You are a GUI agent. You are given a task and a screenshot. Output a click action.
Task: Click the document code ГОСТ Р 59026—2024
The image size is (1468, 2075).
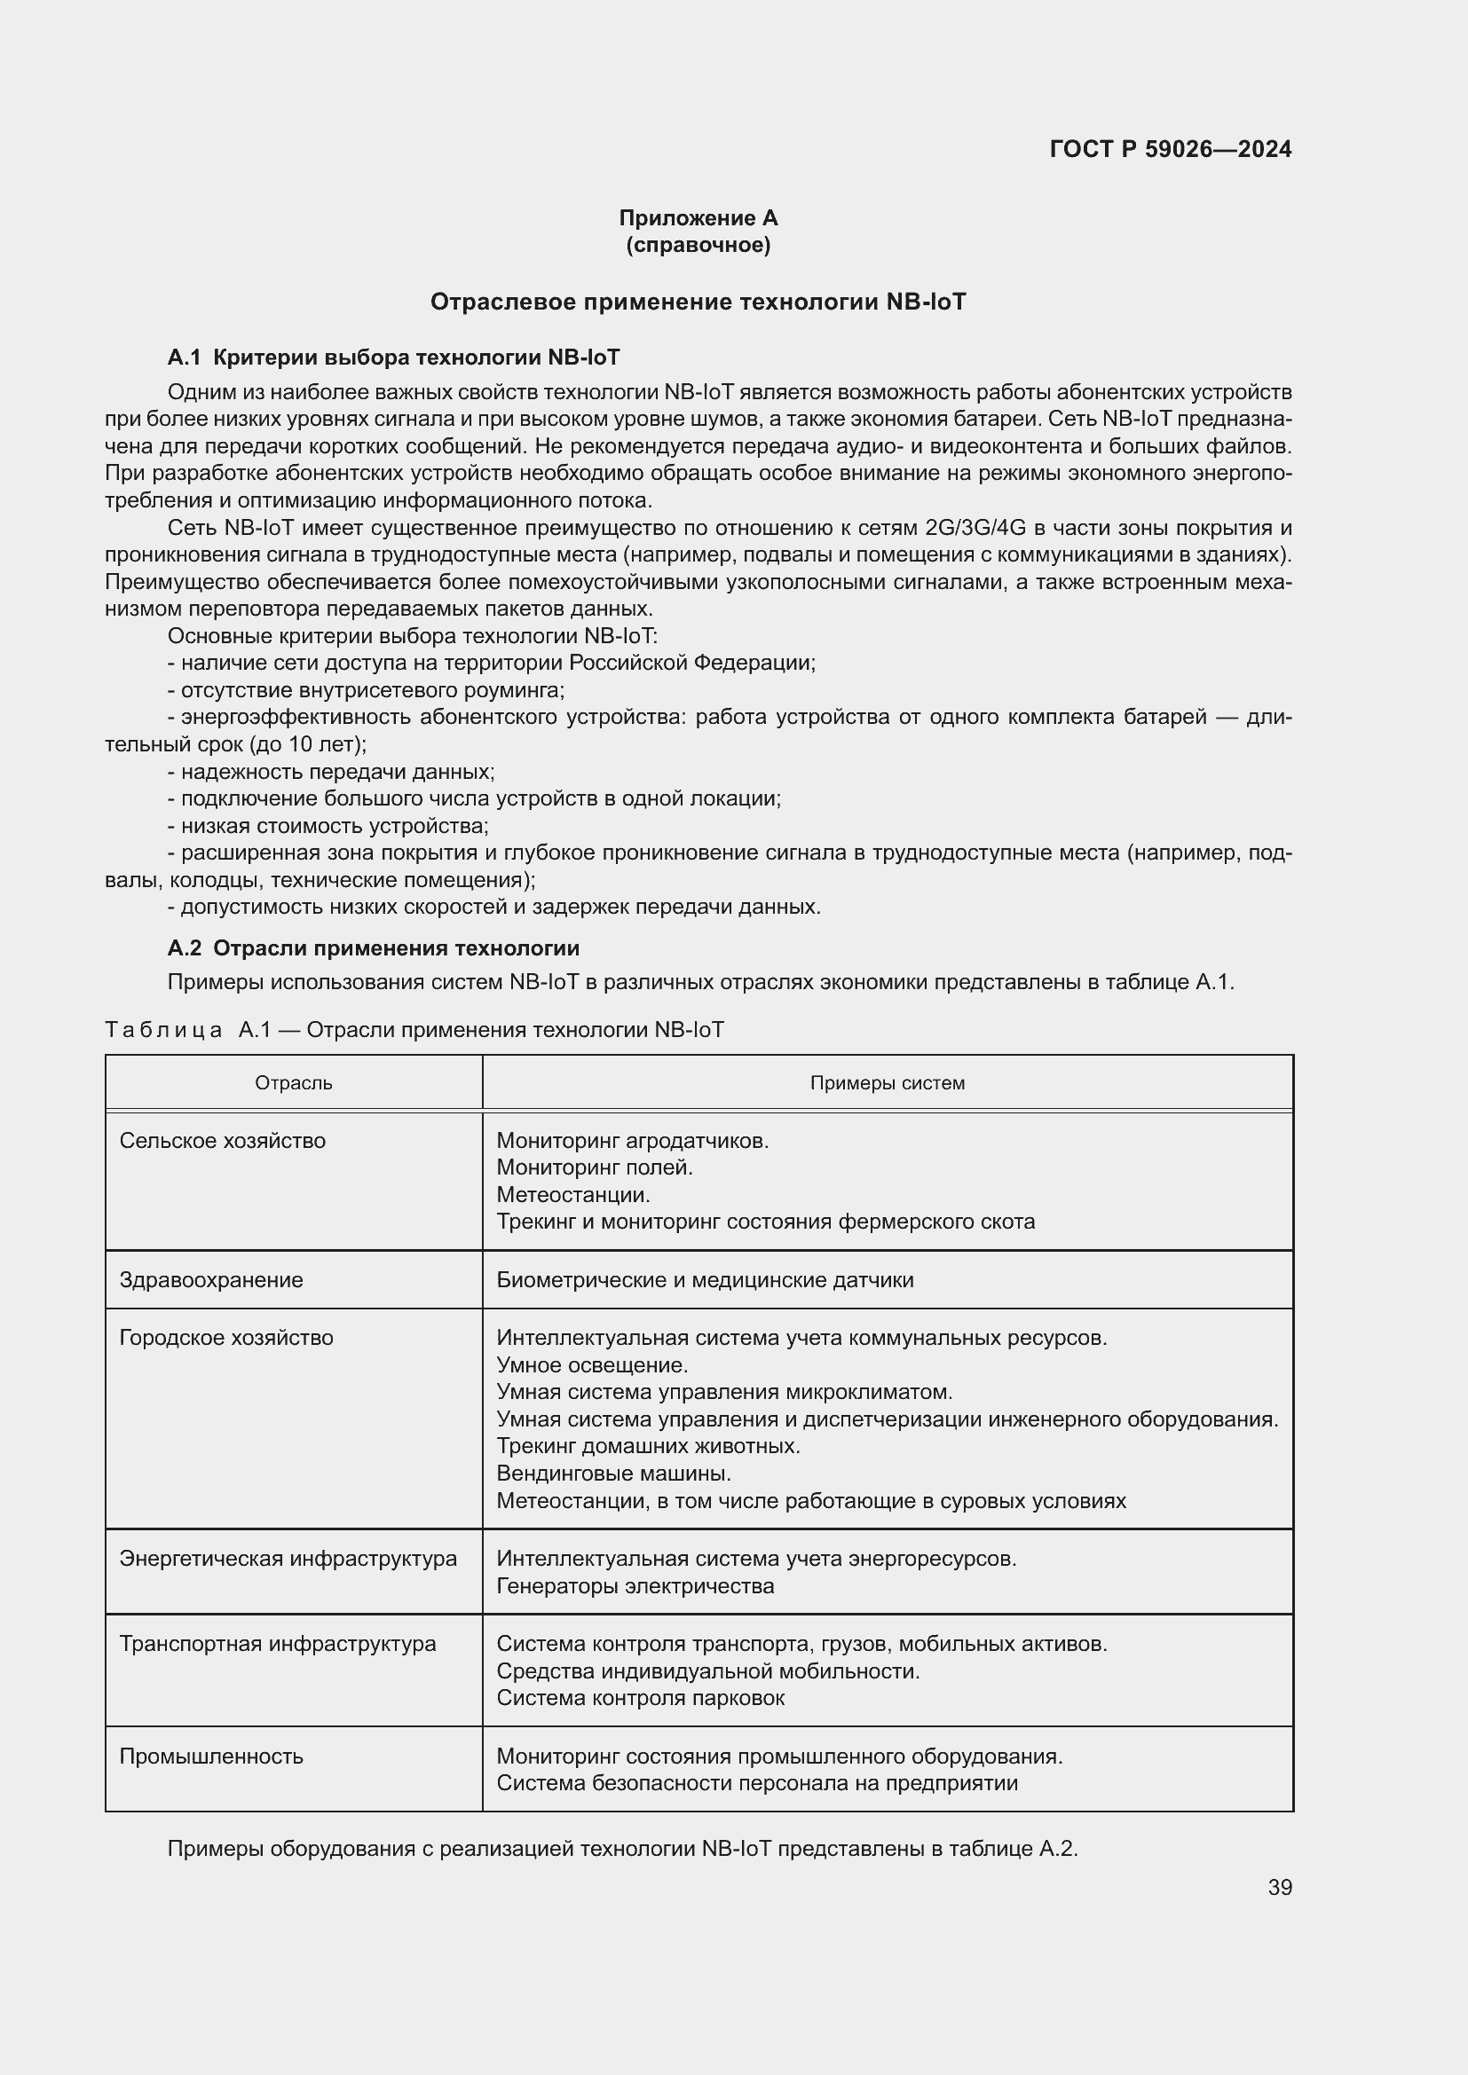[1170, 149]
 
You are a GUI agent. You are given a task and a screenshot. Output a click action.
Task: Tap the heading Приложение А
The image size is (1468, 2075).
[698, 218]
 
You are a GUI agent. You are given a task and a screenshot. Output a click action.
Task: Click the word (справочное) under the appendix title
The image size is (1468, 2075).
[698, 245]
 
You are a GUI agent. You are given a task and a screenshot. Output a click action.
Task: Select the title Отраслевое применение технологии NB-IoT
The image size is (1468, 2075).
[698, 302]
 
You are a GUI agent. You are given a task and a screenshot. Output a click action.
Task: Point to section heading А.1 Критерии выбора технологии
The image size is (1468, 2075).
[393, 358]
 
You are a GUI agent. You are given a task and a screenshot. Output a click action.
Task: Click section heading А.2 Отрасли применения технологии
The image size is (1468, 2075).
[374, 948]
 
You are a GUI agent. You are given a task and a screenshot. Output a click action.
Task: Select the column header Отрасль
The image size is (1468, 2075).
[294, 1082]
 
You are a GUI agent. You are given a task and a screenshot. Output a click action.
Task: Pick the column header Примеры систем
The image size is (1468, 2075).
[887, 1082]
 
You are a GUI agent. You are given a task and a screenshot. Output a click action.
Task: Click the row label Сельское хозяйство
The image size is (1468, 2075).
[223, 1141]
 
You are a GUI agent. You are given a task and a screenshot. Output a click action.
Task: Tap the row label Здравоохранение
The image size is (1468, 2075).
[211, 1280]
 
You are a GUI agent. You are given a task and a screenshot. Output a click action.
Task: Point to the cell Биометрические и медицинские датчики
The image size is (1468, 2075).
[705, 1280]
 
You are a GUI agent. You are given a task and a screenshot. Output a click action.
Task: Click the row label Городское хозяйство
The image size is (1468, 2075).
[226, 1338]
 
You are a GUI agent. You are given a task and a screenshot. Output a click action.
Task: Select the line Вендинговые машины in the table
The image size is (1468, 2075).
[614, 1474]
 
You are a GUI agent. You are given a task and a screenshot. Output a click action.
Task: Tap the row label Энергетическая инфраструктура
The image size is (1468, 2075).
[288, 1558]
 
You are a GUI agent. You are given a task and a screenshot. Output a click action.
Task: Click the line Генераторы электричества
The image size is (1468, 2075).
[635, 1586]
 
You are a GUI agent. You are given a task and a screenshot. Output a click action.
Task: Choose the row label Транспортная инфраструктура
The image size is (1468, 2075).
[278, 1643]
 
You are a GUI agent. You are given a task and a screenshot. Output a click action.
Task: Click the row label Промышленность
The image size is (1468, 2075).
[211, 1756]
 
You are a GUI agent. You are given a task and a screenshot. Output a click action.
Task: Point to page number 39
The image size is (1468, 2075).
[1279, 1887]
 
